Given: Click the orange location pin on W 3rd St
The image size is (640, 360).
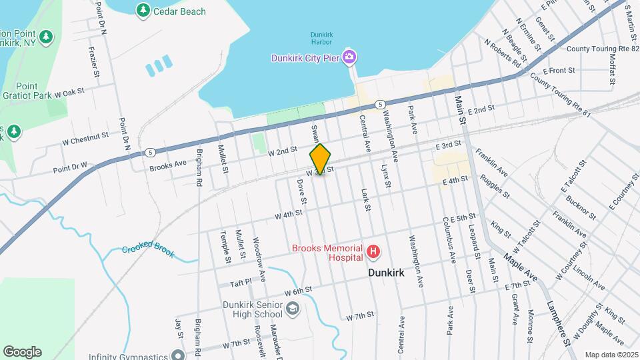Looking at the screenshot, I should [x=321, y=159].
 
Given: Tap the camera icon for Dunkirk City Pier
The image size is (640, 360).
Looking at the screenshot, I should [x=349, y=57].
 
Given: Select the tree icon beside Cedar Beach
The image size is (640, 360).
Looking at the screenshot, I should [x=143, y=11].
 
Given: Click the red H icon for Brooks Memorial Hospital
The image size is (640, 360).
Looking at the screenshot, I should [x=374, y=252].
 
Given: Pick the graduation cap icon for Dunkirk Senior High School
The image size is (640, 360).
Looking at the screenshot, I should [x=293, y=308].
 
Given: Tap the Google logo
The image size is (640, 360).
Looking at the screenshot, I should [x=22, y=352].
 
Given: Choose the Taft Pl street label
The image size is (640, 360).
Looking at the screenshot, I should [x=241, y=283].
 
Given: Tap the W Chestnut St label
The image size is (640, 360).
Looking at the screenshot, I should [x=85, y=138].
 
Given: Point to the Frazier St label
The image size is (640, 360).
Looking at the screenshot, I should [x=93, y=64].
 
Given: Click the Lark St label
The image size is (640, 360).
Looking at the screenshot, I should [x=367, y=199].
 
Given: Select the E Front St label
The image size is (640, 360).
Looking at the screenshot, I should [x=559, y=70].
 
